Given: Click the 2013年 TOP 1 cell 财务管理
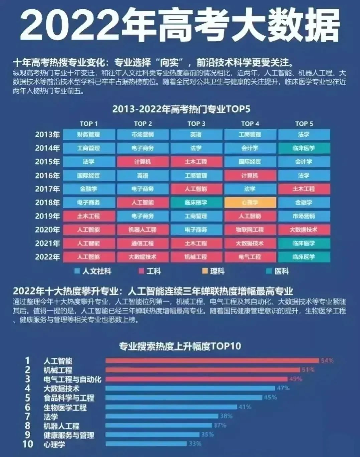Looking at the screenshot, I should point(89,135).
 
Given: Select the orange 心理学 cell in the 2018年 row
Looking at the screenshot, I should point(250,203).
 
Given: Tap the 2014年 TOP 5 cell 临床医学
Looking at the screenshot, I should point(304,148).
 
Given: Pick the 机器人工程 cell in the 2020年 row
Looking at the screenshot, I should point(143,230).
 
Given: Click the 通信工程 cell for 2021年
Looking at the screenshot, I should point(143,243).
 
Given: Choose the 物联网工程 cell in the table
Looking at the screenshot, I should point(250,230).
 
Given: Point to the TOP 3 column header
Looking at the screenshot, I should point(196,124).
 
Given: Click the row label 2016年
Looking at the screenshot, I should point(47,176).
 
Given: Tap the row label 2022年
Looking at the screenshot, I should point(47,257).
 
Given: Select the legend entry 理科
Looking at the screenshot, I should point(214,271).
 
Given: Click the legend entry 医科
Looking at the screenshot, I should point(278,271).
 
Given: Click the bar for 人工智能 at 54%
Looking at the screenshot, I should point(212,360).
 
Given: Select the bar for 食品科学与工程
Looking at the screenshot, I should point(184,397).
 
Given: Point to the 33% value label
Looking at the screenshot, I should point(195,444).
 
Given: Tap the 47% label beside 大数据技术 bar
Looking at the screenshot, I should point(283,388).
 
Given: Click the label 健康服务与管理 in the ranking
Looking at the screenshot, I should point(69,435).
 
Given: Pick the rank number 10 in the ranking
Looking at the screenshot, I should point(28,444).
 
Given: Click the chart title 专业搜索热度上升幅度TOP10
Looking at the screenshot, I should point(180,346).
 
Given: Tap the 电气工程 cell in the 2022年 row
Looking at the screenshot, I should point(250,257).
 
